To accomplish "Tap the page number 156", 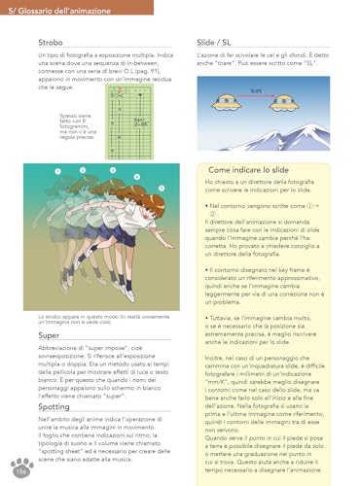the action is (20, 471).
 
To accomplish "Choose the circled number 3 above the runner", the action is (112, 172).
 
